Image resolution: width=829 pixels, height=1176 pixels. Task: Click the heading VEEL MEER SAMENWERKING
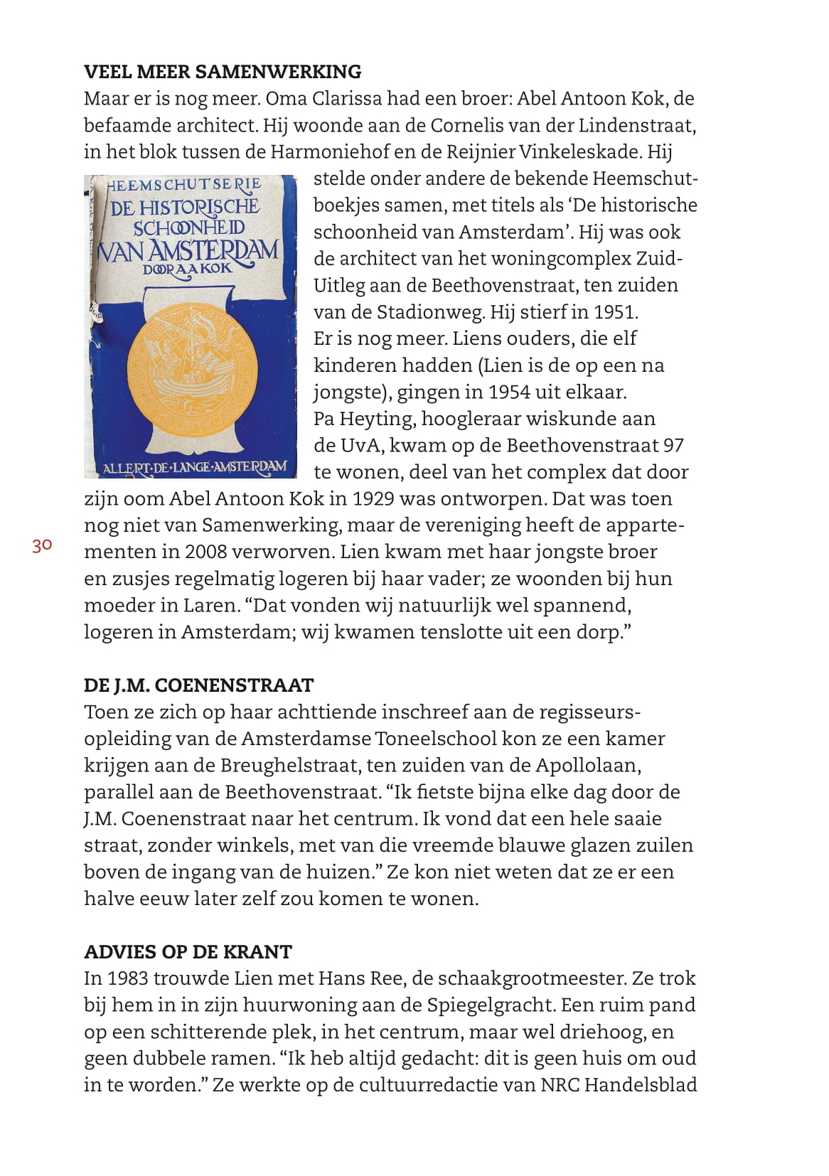223,72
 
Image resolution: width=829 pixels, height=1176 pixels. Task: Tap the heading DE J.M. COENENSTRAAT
198,685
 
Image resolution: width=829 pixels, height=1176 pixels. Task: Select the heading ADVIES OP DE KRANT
188,952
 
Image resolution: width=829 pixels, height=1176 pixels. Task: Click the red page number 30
41,545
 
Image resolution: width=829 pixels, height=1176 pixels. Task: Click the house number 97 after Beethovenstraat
673,446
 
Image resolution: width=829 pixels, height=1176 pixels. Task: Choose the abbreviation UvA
359,446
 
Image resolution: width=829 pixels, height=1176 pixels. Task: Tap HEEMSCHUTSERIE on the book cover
185,184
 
